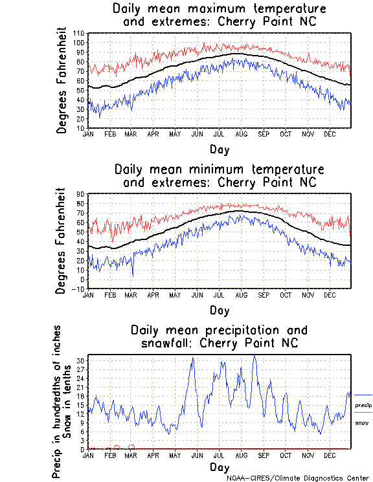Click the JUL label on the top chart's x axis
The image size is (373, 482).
(218, 134)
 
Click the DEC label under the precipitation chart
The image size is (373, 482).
(330, 455)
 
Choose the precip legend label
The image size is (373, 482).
(363, 405)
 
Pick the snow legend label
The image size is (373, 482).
(361, 422)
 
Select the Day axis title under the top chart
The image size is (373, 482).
(219, 149)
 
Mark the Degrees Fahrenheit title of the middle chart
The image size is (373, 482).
(62, 241)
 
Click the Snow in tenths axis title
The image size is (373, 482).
(70, 401)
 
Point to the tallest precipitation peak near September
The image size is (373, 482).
(254, 355)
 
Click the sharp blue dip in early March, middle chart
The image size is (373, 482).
(133, 275)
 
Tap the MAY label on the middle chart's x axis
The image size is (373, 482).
(175, 294)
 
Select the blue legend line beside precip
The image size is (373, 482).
(363, 395)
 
